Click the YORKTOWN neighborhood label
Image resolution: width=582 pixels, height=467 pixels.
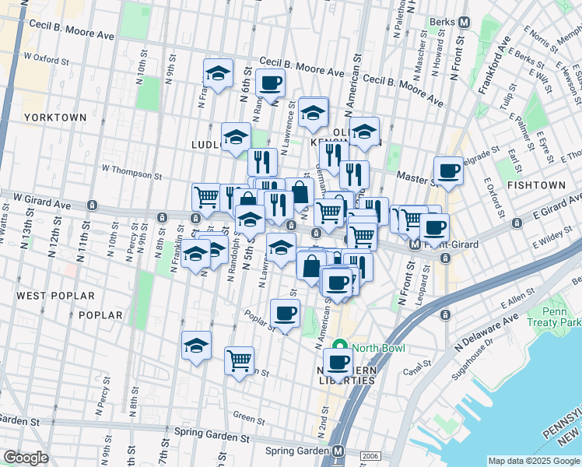click(54, 118)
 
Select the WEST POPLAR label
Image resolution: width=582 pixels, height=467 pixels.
click(56, 297)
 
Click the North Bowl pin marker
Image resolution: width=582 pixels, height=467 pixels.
click(340, 347)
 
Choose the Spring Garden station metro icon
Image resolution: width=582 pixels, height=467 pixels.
click(338, 451)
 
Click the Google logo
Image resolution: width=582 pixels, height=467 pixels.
click(26, 458)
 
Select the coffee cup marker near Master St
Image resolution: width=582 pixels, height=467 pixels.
click(448, 170)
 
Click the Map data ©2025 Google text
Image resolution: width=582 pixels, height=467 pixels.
click(534, 461)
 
